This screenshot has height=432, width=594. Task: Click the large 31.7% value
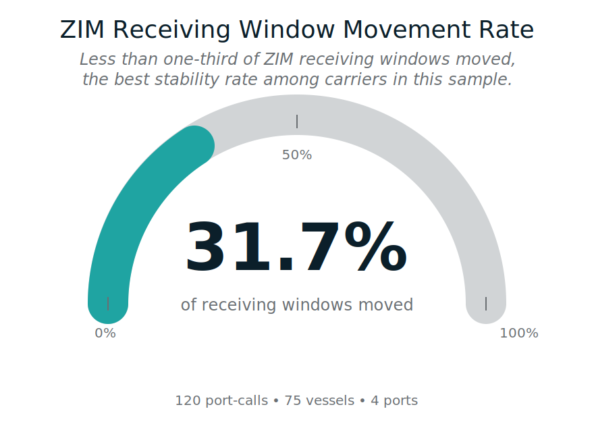(296, 248)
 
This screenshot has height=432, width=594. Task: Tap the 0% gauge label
(105, 333)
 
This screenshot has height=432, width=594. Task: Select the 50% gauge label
(297, 155)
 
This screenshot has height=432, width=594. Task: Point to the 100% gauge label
(519, 333)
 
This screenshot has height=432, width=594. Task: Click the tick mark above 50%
(297, 122)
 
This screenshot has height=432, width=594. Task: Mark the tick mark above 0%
(108, 303)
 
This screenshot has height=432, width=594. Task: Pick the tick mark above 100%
(486, 303)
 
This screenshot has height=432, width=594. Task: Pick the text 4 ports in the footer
(394, 400)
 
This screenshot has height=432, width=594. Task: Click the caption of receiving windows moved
(297, 304)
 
